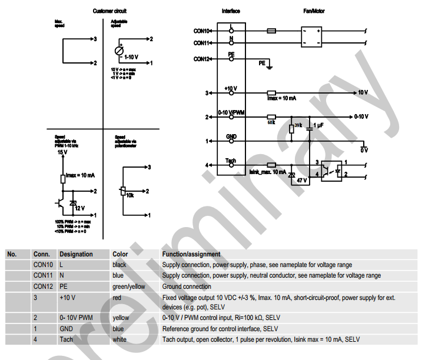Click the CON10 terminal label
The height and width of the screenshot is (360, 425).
[x=201, y=31]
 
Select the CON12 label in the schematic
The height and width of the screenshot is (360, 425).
[x=201, y=59]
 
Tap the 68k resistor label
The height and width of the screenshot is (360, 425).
[x=271, y=122]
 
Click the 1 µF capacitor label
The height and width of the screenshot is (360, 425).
[x=318, y=125]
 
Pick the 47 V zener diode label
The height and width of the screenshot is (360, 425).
[x=301, y=179]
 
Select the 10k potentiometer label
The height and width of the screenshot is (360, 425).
[x=130, y=194]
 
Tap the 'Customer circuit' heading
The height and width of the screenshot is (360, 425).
[x=109, y=11]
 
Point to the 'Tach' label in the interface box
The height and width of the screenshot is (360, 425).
[x=231, y=161]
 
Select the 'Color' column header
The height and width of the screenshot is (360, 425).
[x=120, y=254]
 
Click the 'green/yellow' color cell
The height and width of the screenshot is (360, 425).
[x=128, y=286]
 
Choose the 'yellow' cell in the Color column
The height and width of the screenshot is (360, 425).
[x=120, y=318]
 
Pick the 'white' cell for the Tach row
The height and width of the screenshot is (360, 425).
[x=119, y=339]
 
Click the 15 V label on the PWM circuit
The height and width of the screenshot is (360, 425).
[x=62, y=152]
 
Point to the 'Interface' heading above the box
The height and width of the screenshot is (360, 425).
[x=231, y=11]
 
